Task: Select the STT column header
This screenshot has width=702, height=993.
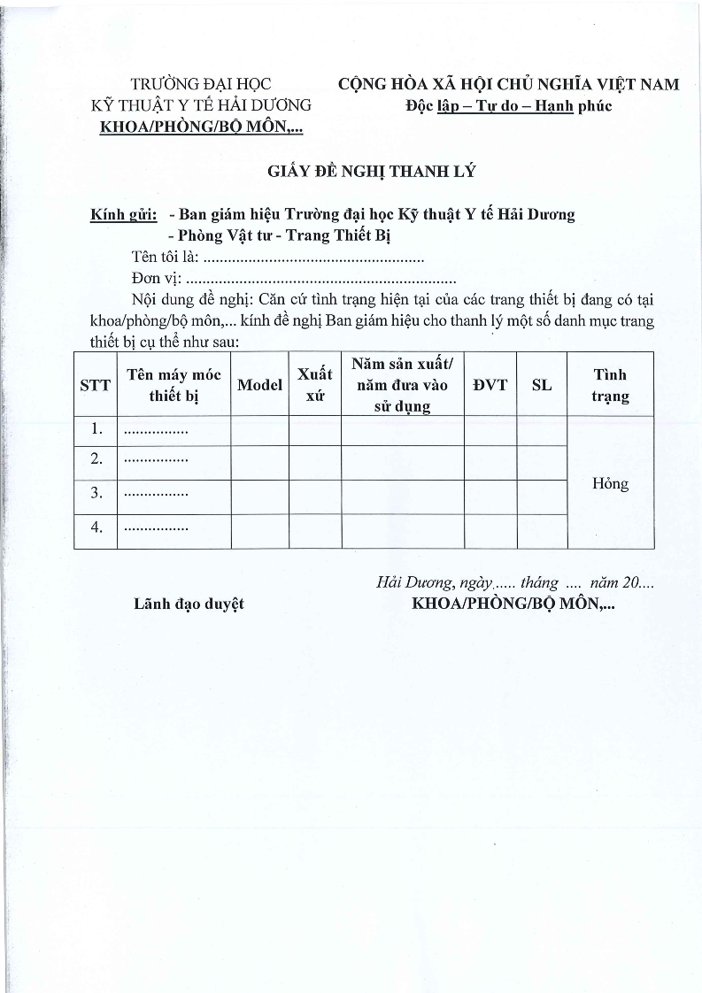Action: [x=96, y=385]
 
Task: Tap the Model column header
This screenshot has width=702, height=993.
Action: [x=259, y=385]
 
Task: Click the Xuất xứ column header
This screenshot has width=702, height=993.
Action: [x=314, y=385]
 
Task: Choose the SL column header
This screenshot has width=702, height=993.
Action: [x=542, y=385]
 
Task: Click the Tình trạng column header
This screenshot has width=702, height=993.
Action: [x=610, y=385]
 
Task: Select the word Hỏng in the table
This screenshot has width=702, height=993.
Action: [x=610, y=483]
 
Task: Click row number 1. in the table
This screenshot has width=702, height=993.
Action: [x=96, y=430]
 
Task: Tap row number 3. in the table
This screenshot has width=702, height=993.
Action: [x=96, y=493]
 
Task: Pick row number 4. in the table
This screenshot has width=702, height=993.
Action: [x=96, y=527]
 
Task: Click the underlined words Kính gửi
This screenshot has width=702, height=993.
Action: [x=124, y=215]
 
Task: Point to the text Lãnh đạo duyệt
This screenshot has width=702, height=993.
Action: [x=189, y=604]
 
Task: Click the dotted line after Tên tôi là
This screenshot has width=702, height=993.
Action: [x=313, y=259]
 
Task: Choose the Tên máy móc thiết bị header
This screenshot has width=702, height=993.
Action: [x=174, y=385]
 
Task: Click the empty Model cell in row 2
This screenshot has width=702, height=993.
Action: [x=259, y=462]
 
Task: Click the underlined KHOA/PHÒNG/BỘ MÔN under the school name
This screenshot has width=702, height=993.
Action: [x=202, y=127]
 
